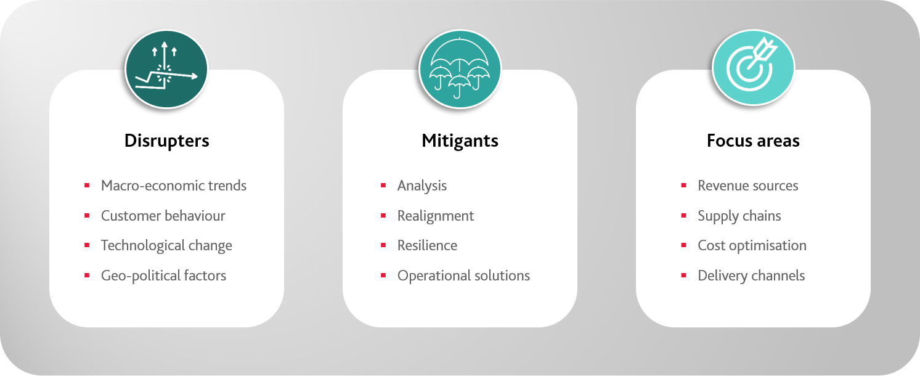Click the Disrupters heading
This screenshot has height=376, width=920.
tap(167, 141)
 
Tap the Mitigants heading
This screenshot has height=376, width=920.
tap(460, 141)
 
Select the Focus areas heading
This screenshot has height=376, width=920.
tap(753, 141)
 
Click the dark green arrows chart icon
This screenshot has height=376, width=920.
tap(166, 69)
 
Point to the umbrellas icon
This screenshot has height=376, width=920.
tap(460, 69)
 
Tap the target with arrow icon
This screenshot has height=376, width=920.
tap(753, 67)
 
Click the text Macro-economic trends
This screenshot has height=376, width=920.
tap(174, 186)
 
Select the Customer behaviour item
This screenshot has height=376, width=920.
tap(163, 216)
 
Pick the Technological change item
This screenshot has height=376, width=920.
tap(167, 246)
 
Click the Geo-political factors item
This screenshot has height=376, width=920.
tap(163, 276)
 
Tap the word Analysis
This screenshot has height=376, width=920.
tap(422, 186)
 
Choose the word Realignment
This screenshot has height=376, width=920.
tap(436, 216)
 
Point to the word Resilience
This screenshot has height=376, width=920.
tap(427, 245)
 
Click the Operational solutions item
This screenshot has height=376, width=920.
tap(463, 276)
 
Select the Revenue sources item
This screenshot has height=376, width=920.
tap(748, 186)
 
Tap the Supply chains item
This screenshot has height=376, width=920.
tap(739, 216)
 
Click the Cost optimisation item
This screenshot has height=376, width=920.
tap(752, 246)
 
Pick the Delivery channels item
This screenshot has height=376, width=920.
tap(751, 276)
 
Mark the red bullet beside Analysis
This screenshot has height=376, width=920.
tap(383, 186)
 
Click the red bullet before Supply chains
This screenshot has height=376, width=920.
tap(684, 215)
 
